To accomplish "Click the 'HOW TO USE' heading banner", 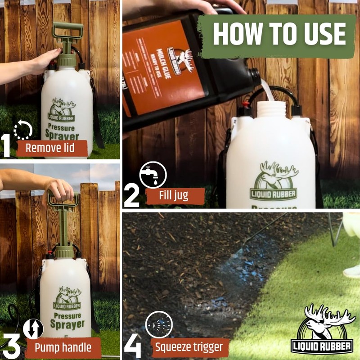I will tap(279, 34).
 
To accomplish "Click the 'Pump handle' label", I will tap(63, 347).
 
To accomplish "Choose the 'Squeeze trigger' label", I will tap(189, 347).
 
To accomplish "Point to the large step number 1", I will tap(7, 145).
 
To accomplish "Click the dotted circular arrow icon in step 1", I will tap(23, 130).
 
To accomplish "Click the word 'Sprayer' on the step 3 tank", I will tap(67, 324).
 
